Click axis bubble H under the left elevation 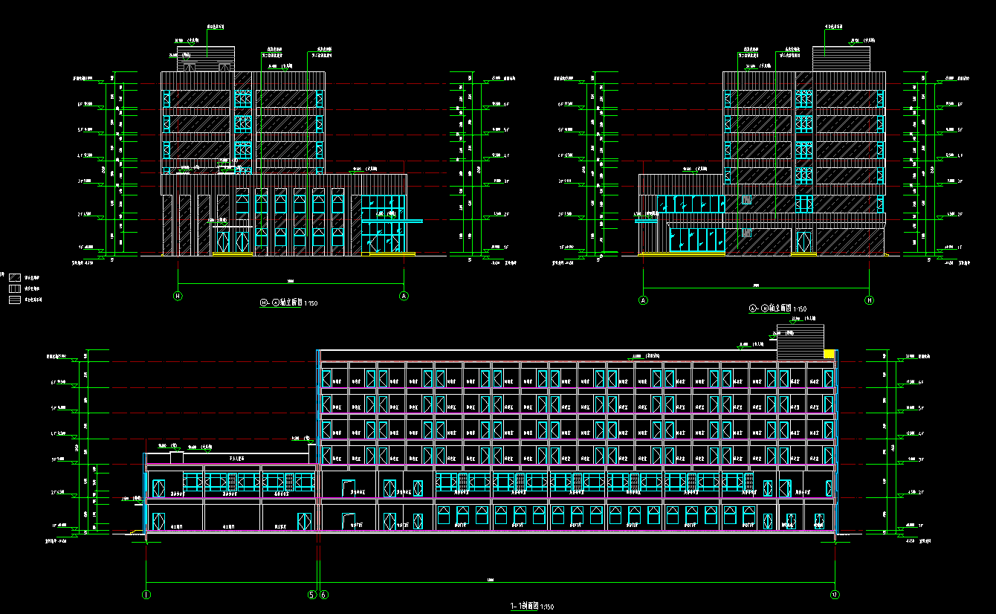point(178,296)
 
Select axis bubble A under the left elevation point(404,296)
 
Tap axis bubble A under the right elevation point(644,300)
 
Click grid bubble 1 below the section point(146,594)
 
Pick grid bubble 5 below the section point(313,594)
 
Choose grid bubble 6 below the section point(324,594)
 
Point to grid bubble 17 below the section point(835,594)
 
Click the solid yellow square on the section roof point(828,354)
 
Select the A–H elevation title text point(777,308)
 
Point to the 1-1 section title point(531,607)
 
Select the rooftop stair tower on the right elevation point(841,58)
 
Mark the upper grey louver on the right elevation point(746,199)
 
